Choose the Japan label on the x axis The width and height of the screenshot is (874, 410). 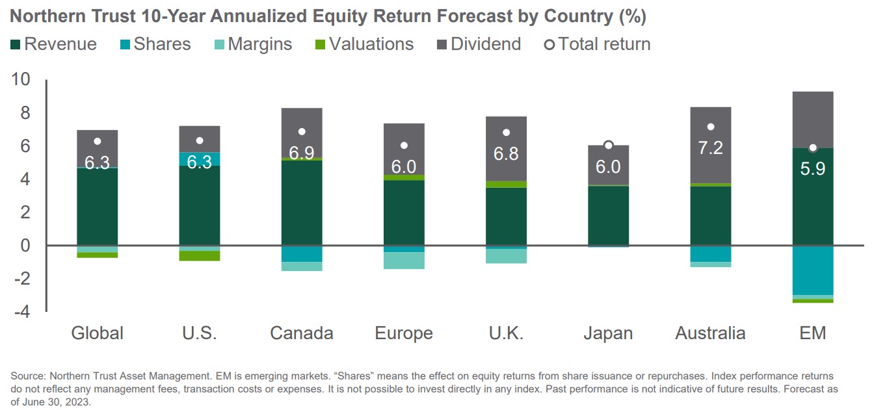[x=609, y=333]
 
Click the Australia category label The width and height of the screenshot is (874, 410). [x=710, y=333]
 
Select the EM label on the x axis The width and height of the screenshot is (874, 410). [x=813, y=333]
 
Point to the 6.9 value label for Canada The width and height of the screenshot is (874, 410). [x=302, y=154]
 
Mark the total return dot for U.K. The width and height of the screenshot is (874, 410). [x=507, y=133]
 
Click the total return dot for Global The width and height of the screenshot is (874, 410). [x=98, y=141]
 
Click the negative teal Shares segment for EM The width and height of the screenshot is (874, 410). [x=813, y=270]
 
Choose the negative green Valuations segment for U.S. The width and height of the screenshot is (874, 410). [x=200, y=255]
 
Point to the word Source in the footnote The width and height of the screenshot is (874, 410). [x=27, y=376]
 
